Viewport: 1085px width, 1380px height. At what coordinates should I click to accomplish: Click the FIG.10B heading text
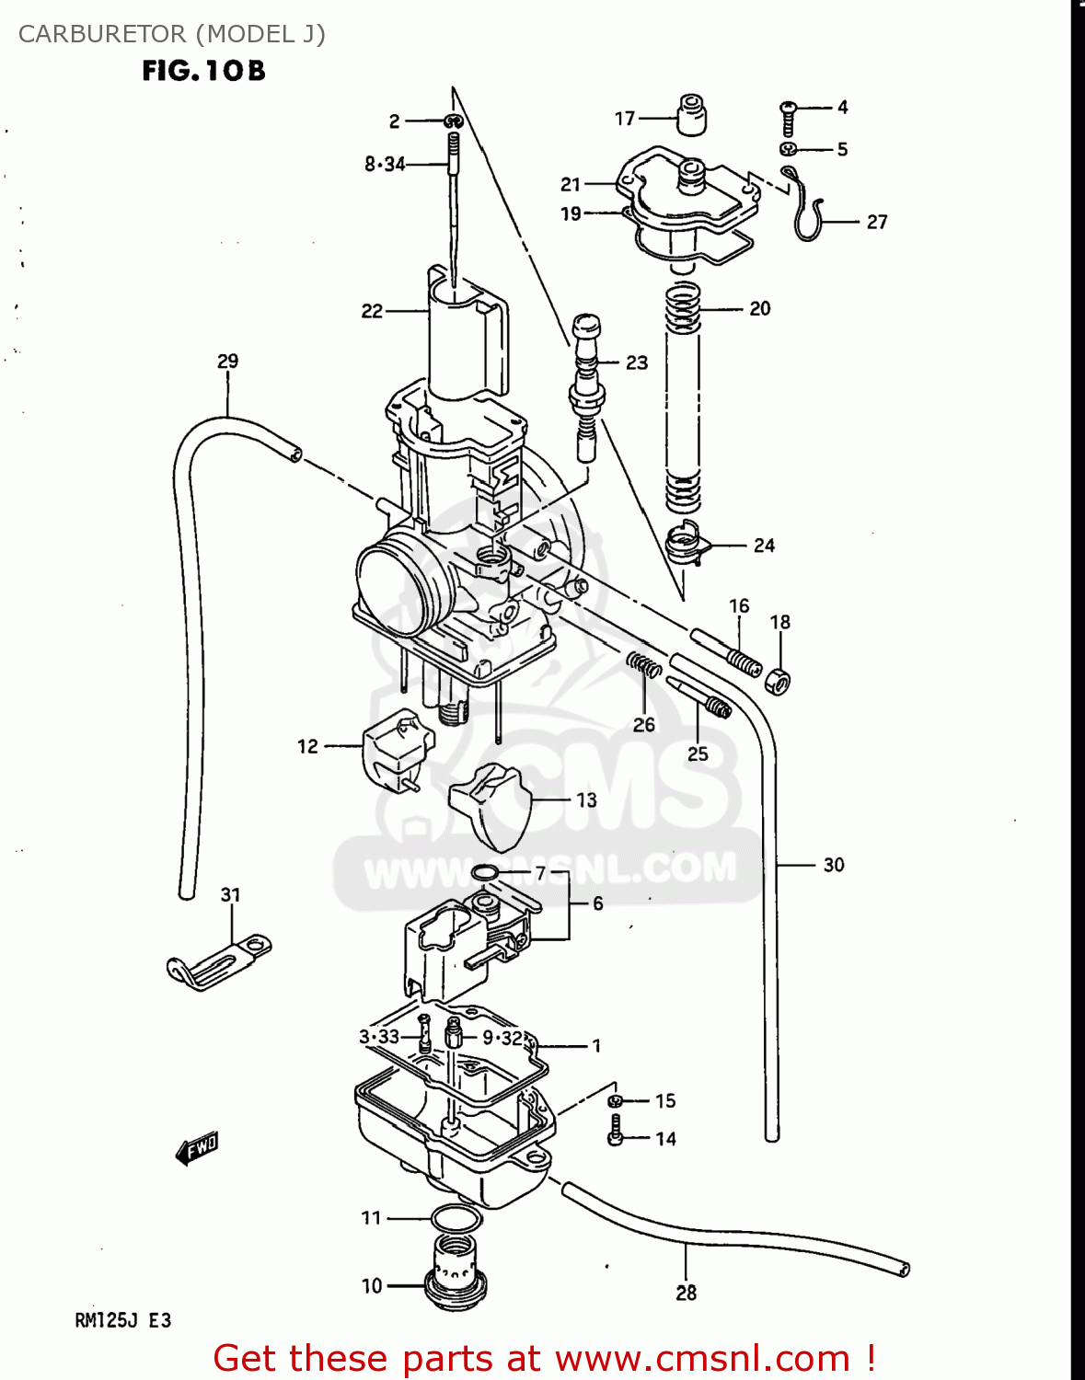[203, 71]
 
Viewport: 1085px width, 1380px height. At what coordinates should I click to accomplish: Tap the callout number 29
[227, 362]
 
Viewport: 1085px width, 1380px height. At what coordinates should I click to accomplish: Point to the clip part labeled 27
[804, 207]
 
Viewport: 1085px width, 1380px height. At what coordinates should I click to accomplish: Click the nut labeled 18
[778, 682]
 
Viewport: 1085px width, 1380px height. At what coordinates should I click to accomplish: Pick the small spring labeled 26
[644, 665]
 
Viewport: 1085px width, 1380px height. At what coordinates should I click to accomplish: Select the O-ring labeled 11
[456, 1219]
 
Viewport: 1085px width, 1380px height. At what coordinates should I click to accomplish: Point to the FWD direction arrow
[197, 1148]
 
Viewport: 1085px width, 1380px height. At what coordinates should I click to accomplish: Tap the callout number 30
[834, 865]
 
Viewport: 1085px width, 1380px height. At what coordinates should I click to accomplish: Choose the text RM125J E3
[122, 1321]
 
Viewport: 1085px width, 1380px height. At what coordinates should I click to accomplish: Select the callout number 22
[372, 311]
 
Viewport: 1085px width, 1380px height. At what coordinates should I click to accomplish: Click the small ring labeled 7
[485, 872]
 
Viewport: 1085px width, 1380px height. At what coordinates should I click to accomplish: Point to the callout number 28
[687, 1293]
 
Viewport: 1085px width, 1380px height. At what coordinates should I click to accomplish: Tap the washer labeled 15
[616, 1100]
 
